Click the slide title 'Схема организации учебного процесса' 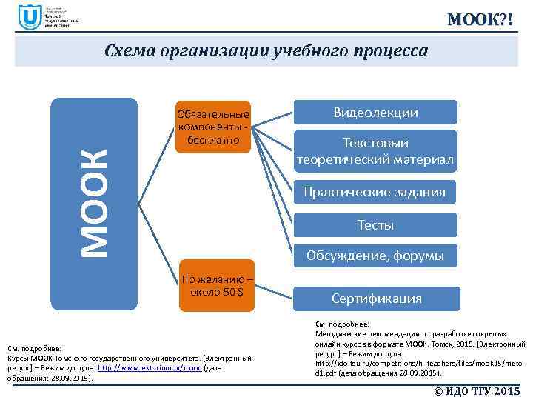pyautogui.click(x=266, y=51)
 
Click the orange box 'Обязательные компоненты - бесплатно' pyautogui.click(x=212, y=127)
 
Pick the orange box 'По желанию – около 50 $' pyautogui.click(x=217, y=285)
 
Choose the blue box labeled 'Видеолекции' pyautogui.click(x=375, y=113)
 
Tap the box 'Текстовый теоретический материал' pyautogui.click(x=375, y=151)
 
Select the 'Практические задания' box pyautogui.click(x=375, y=192)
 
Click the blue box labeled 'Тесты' pyautogui.click(x=375, y=224)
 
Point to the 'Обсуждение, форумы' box pyautogui.click(x=375, y=256)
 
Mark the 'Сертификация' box pyautogui.click(x=377, y=299)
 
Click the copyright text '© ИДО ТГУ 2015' pyautogui.click(x=477, y=390)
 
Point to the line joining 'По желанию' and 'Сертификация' pyautogui.click(x=275, y=291)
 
